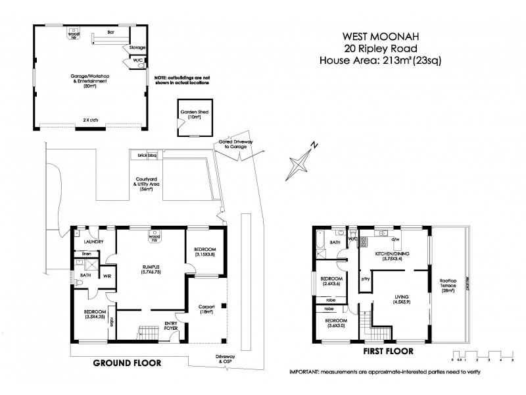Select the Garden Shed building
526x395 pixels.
pos(194,118)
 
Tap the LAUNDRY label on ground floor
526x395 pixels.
pos(95,241)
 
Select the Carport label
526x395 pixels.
pos(206,309)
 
